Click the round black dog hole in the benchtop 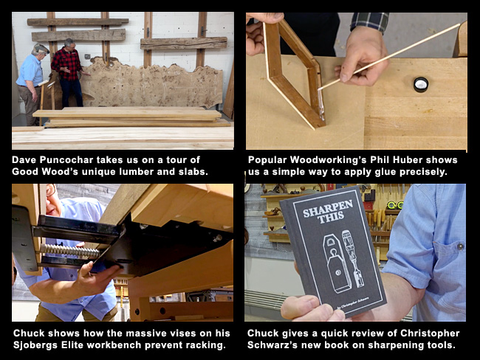point(421,85)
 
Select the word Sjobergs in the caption point(40,345)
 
